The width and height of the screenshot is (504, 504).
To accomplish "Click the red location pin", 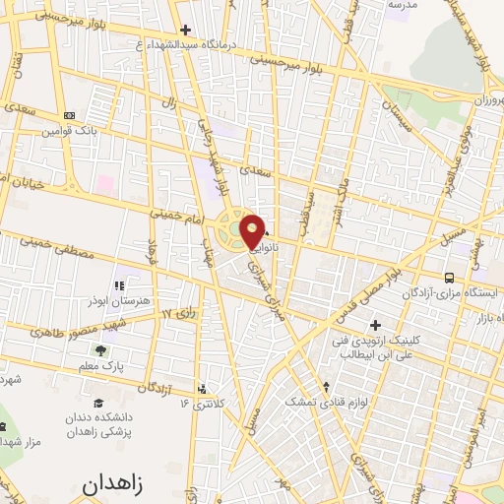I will click(253, 230).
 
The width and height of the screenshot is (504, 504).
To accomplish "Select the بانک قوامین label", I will click(66, 130).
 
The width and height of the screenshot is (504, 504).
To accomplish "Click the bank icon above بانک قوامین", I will click(67, 115).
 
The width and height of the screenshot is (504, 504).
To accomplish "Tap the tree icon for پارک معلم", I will click(101, 350).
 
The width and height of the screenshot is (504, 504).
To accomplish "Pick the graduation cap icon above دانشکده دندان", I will click(97, 403).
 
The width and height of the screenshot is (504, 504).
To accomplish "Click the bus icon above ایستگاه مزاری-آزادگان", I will click(449, 279).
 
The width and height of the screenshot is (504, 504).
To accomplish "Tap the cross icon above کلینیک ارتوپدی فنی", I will click(374, 324).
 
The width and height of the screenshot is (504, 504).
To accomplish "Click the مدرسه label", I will click(403, 5).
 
